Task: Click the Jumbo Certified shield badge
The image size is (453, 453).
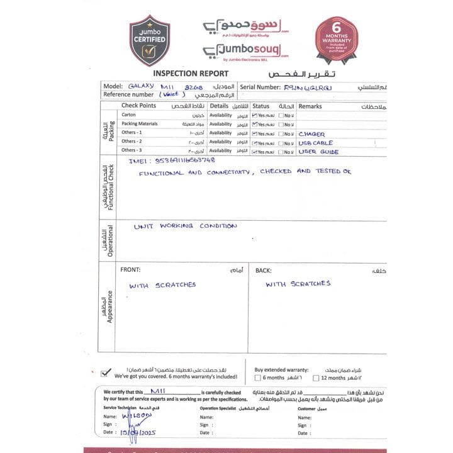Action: pos(149,40)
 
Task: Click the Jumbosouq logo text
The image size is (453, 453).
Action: pos(247,49)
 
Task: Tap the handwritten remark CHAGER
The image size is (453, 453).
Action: pos(311,134)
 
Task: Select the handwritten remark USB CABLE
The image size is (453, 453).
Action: pos(315,143)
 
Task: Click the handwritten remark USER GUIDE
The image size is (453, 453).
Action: pos(318,152)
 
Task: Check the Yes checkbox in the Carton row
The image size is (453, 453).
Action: pos(254,116)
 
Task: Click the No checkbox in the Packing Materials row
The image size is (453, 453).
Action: pos(282,125)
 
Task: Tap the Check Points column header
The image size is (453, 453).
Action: pos(138,106)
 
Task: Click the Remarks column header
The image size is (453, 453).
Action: pos(310,106)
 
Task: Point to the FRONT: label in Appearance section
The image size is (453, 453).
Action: pos(130,270)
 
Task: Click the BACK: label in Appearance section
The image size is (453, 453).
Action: pos(263,271)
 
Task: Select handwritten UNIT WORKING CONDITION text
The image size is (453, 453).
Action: pos(186,226)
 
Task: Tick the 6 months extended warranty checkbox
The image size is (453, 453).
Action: pos(257,378)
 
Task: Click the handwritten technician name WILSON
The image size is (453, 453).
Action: pos(137,415)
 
